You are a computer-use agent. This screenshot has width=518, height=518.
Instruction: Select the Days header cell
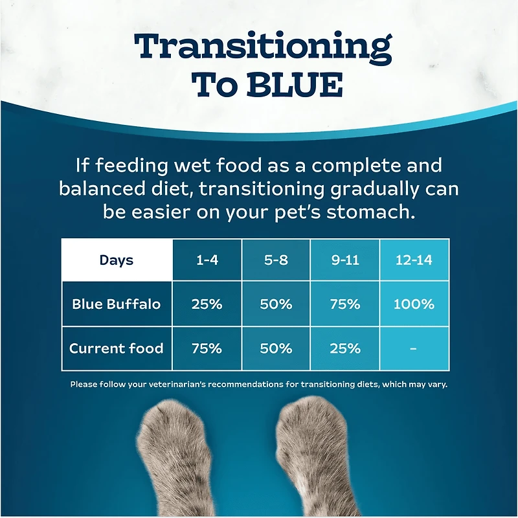coord(117,260)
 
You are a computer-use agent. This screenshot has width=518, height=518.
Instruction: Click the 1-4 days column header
coord(207,260)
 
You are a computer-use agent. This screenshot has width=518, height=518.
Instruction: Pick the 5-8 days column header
coord(276,260)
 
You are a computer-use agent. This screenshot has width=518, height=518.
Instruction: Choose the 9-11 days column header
coord(344,260)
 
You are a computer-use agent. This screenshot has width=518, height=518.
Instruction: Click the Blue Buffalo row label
coord(117,304)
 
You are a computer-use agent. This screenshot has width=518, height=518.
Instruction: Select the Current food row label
coord(117,348)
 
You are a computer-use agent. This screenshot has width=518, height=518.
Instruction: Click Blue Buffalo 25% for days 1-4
coord(207,304)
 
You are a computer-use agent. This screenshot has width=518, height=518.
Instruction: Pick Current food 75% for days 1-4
coord(207,348)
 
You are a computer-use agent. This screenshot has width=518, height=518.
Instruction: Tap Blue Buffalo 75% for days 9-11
coord(344,304)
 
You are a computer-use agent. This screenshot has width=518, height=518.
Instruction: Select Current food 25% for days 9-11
coord(344,348)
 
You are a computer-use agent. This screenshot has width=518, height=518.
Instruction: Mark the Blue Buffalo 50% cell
coord(276,304)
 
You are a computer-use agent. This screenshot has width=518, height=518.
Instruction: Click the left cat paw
coord(179,453)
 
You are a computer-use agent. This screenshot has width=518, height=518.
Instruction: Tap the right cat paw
coord(309,453)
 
